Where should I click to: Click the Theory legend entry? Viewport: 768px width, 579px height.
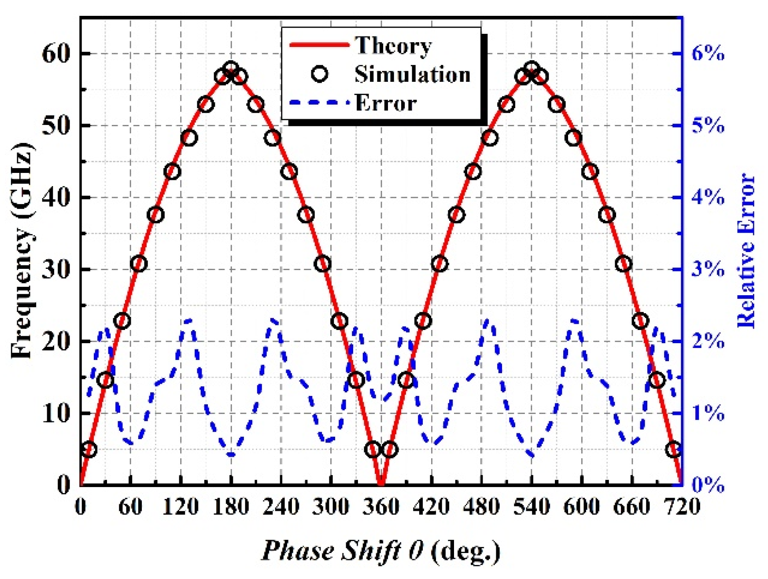(393, 45)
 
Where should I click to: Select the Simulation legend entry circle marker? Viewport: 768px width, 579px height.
(320, 74)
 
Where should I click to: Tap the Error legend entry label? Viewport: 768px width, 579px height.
(386, 103)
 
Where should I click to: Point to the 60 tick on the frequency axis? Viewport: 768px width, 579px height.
(56, 54)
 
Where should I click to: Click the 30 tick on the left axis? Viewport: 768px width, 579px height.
(56, 269)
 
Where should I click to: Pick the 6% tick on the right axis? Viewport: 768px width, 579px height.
(708, 54)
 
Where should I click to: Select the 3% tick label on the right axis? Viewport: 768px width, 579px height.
(708, 269)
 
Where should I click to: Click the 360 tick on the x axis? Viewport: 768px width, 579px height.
(381, 506)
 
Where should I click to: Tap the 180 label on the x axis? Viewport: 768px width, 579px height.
(231, 506)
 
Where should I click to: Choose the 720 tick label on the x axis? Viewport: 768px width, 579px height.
(682, 506)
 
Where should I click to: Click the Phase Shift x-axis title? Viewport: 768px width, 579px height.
(381, 550)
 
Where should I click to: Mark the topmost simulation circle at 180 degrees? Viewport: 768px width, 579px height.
(231, 69)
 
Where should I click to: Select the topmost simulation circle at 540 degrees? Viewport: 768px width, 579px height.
(532, 69)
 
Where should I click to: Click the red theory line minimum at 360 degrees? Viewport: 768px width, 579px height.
(381, 484)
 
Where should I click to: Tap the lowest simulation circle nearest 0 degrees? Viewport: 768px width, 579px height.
(89, 450)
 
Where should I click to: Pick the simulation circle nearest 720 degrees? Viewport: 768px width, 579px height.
(674, 450)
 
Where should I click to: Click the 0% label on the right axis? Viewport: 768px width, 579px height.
(708, 485)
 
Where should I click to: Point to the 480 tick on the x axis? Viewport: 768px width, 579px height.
(482, 506)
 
